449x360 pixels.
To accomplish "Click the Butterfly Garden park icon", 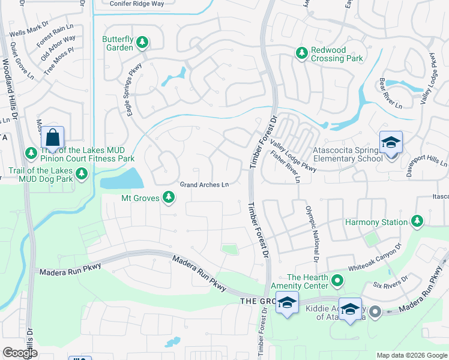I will coord(142,42).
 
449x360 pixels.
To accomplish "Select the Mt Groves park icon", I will coord(169,197).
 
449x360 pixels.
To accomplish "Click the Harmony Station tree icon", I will coord(417,222).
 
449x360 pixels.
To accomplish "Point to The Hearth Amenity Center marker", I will coord(338,280).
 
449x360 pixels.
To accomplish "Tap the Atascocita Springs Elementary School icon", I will coord(391,143).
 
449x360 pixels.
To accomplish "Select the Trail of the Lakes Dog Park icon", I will coord(82,173).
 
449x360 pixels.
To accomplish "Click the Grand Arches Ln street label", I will coord(205,185).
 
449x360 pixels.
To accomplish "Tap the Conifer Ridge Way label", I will coord(137,3).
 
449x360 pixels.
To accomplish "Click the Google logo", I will coord(20,353).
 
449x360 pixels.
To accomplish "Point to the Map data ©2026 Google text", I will coord(412,355).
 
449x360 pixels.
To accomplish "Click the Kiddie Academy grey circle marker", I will coord(375,311).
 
